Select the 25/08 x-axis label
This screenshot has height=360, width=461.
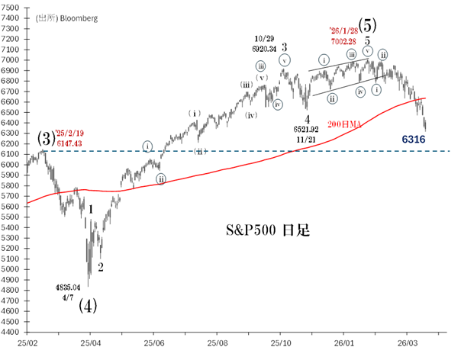pyautogui.click(x=218, y=344)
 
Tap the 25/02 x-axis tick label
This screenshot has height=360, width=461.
pyautogui.click(x=27, y=344)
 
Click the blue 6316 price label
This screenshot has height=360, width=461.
pyautogui.click(x=414, y=140)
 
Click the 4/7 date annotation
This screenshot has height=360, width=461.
pyautogui.click(x=67, y=297)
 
